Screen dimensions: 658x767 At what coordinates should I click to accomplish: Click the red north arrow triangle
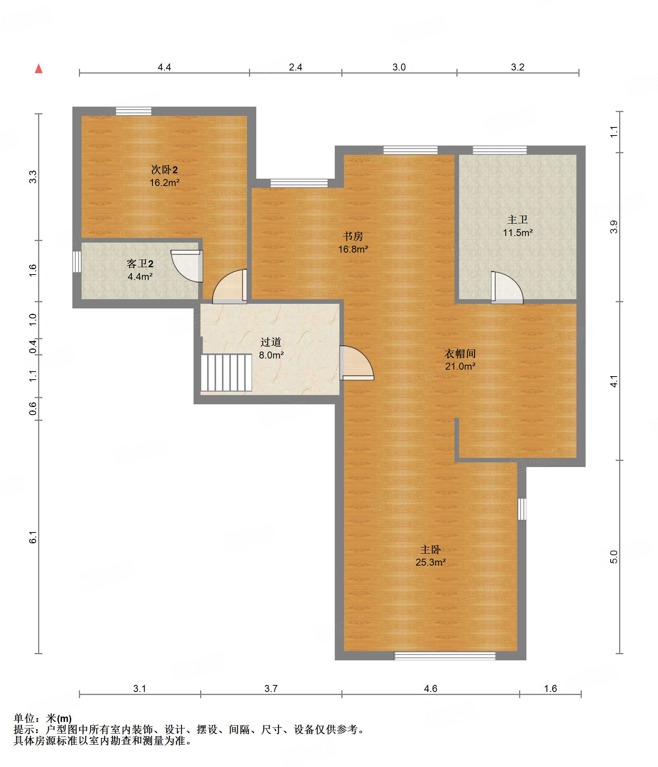[x=38, y=69]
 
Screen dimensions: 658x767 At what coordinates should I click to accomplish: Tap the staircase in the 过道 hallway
[x=226, y=372]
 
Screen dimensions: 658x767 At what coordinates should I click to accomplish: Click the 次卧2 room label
[x=164, y=169]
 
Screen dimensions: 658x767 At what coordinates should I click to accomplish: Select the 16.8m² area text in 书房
[x=353, y=249]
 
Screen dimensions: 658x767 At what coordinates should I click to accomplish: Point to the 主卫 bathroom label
[x=518, y=219]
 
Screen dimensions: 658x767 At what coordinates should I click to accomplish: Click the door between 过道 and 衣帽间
[x=357, y=363]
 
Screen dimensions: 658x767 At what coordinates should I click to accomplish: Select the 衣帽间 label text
[x=460, y=353]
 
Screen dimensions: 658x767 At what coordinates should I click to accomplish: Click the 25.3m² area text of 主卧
[x=431, y=562]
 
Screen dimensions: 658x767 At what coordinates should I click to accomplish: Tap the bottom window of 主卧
[x=445, y=656]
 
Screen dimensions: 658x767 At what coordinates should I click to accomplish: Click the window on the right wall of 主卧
[x=522, y=509]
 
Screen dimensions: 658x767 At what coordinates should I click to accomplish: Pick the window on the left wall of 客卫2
[x=77, y=262]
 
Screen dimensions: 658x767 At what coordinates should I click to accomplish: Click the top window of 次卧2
[x=134, y=111]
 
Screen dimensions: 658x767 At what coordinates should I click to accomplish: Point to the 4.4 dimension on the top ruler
[x=164, y=67]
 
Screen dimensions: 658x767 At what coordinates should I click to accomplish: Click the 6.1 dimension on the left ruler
[x=33, y=537]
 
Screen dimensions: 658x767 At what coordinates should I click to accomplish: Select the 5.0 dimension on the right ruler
[x=614, y=557]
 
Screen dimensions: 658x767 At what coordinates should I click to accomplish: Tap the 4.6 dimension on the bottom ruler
[x=431, y=688]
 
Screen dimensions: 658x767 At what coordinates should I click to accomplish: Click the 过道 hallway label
[x=271, y=342]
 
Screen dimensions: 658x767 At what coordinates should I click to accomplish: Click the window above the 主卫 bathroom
[x=500, y=150]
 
